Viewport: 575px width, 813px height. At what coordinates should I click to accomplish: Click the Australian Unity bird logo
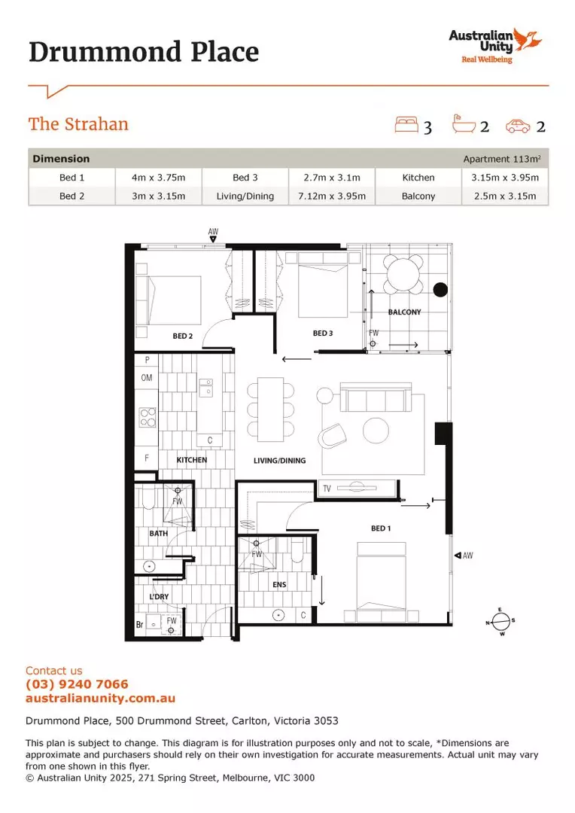coord(530,38)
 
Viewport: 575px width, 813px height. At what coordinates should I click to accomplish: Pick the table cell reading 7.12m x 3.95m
coord(332,196)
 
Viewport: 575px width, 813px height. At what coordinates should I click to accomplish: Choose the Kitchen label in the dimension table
coord(418,178)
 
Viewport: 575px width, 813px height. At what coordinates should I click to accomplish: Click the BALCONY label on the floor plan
coord(404,312)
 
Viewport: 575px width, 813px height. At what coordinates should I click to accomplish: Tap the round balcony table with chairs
coord(404,275)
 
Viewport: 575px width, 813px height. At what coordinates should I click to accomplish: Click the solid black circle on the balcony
coord(441,289)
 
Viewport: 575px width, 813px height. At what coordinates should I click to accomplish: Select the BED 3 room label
coord(323,333)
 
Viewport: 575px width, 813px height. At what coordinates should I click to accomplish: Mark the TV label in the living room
coord(327,489)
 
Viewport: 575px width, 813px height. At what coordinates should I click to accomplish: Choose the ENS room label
coord(279,583)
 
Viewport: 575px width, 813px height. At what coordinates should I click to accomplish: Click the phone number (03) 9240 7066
coord(77,684)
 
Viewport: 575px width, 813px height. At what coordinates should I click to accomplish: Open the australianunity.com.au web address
coord(100,699)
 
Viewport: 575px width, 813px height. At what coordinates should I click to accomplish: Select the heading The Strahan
coord(78,124)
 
